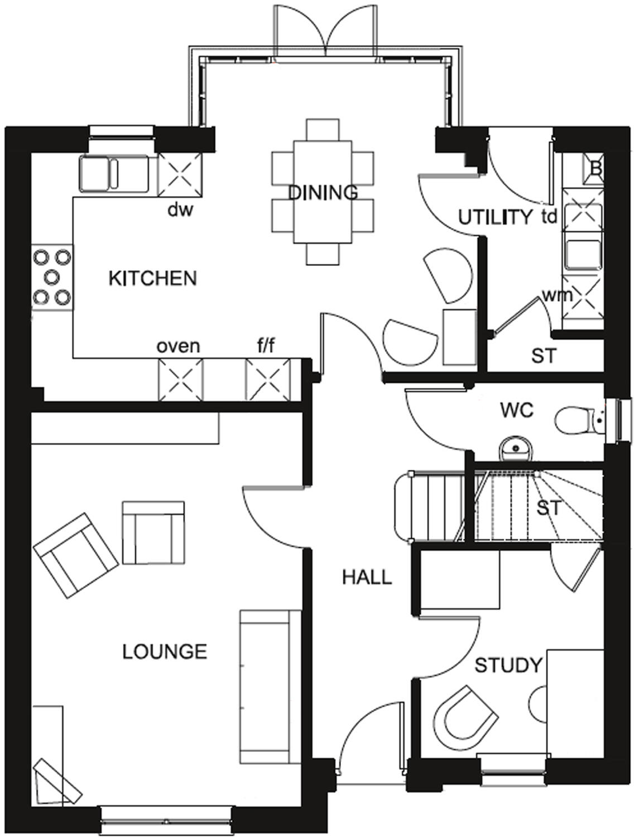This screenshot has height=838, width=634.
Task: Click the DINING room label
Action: coord(323,193)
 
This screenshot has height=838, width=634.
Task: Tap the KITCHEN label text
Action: coord(152,278)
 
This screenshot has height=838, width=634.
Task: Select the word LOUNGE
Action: coord(165,651)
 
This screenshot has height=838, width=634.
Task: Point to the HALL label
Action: coord(367,577)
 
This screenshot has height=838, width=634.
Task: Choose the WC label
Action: coord(516,411)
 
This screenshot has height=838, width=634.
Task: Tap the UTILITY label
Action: coord(495,217)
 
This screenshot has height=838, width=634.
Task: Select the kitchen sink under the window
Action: coord(114,173)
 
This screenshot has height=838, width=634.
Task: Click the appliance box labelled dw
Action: coord(180,173)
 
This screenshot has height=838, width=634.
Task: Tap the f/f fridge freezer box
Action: coord(268,380)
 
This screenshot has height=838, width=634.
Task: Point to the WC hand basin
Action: coord(516,447)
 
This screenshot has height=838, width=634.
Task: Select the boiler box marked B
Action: coord(592,168)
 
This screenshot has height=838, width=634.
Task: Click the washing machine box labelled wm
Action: coord(584,296)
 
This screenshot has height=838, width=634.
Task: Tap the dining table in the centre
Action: coord(323,192)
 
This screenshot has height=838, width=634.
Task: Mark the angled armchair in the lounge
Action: coord(76,555)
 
